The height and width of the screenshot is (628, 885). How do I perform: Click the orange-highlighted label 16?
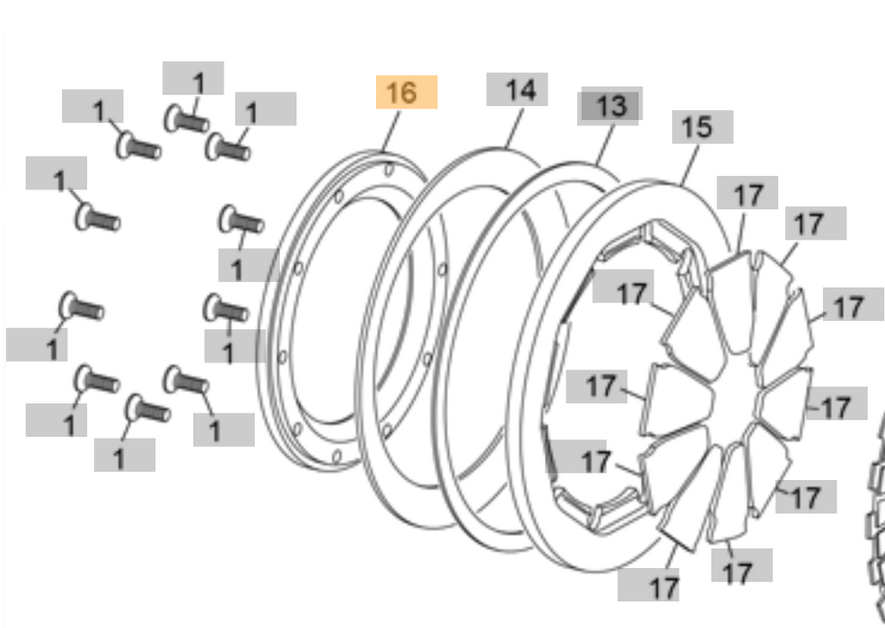coord(406,92)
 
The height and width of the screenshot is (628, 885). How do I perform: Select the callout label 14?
coord(517,90)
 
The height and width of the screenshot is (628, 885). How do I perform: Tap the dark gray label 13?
coord(610,106)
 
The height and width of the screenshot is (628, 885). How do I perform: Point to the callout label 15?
coord(702,127)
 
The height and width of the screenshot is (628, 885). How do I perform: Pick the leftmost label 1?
coord(37,345)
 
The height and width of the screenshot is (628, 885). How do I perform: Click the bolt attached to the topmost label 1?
coord(186,118)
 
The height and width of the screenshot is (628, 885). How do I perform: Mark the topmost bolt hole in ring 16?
coord(387,168)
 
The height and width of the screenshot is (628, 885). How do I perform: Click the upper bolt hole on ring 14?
coord(442,268)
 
